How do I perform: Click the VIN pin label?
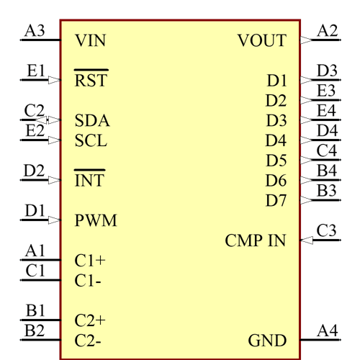90,40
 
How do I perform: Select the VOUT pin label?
261,40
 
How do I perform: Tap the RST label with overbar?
91,81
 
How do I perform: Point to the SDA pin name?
92,120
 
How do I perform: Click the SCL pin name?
91,140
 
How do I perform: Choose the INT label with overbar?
89,180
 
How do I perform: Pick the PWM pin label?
95,220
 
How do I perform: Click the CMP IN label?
255,240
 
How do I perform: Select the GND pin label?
267,340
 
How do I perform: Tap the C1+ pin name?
90,260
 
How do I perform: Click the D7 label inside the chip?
276,200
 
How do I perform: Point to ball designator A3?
34,31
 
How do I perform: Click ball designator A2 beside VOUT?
328,31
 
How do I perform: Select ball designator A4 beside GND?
328,330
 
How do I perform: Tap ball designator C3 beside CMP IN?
328,231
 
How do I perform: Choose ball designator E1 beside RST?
35,71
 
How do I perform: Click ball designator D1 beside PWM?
35,211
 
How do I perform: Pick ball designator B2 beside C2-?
34,330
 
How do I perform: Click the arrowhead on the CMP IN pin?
306,240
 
